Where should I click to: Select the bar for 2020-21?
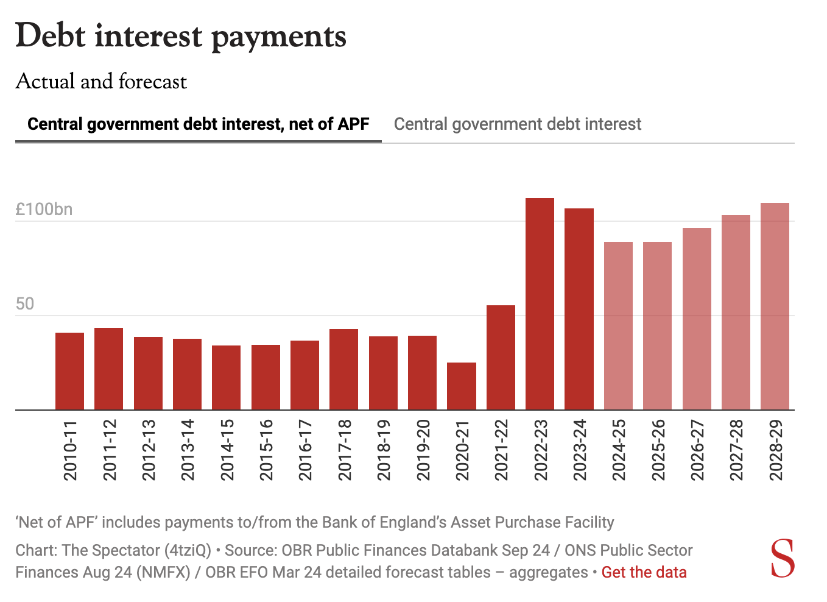click(462, 386)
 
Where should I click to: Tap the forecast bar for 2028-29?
click(775, 306)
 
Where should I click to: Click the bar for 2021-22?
click(501, 357)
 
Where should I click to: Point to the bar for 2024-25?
click(618, 325)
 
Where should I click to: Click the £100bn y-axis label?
click(44, 210)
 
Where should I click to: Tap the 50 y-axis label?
click(25, 304)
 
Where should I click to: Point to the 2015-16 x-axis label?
click(266, 450)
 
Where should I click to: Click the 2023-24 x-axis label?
click(580, 450)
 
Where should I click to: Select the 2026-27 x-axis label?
click(697, 450)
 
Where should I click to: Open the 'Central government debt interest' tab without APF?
click(517, 124)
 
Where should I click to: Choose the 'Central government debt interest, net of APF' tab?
click(198, 124)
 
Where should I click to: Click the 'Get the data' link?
click(644, 573)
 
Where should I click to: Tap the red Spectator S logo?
click(782, 558)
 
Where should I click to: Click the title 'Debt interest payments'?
click(181, 37)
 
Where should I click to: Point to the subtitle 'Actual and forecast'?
click(101, 82)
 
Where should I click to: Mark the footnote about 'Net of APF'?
click(314, 522)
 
